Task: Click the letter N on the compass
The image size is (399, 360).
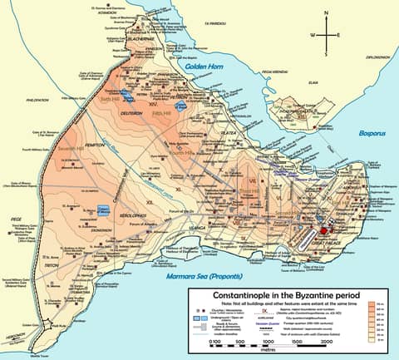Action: pos(326,14)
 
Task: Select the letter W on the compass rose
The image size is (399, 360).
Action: pos(313,35)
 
